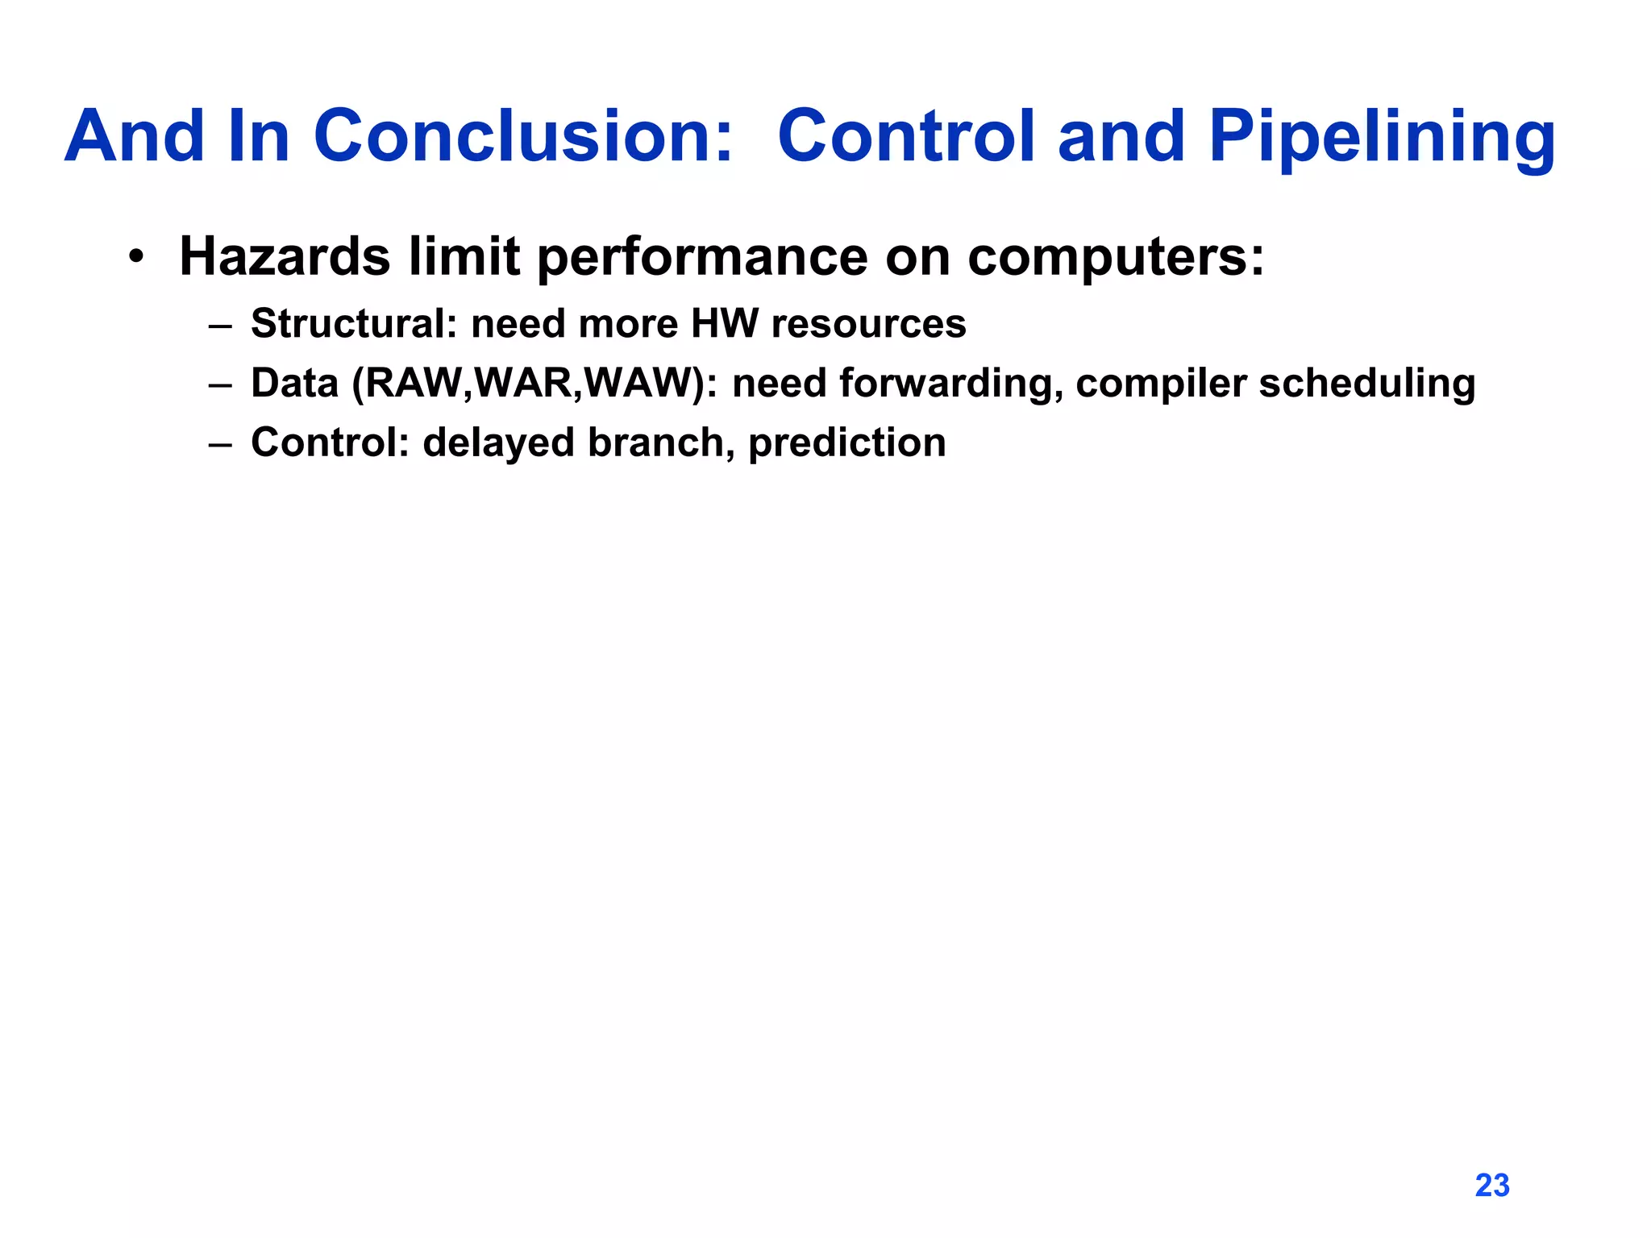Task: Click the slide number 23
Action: tap(1491, 1186)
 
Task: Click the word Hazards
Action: tap(285, 256)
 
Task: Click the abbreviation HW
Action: tap(725, 324)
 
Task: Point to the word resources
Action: tap(868, 324)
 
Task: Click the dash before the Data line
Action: tap(219, 384)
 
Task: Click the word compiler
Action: tap(1161, 384)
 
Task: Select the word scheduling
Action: tap(1367, 384)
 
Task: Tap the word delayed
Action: tap(498, 443)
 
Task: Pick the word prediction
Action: tap(846, 443)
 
